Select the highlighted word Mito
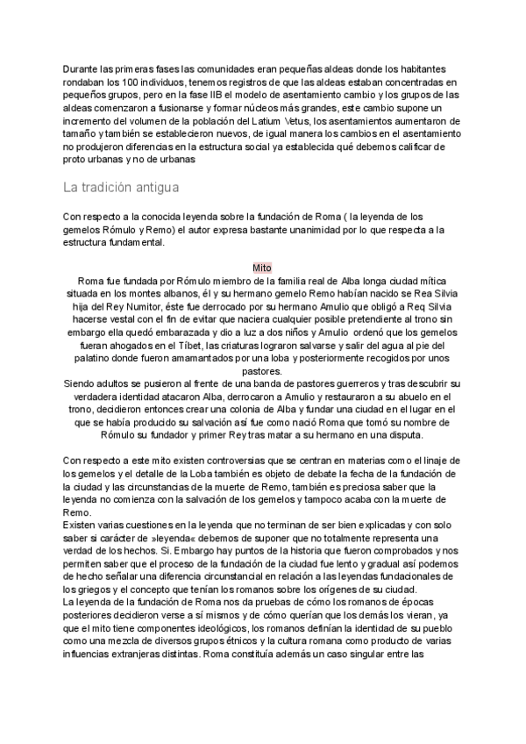click(262, 267)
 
